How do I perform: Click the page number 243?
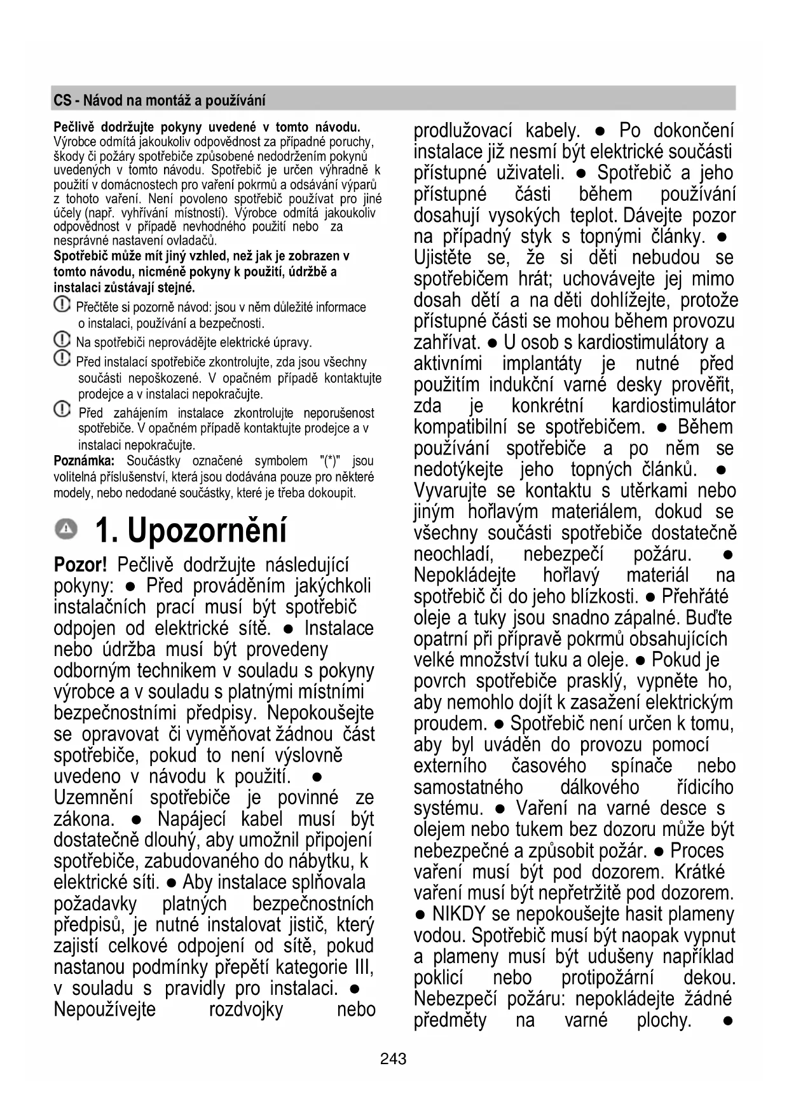click(393, 1059)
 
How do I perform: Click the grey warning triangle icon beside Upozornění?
click(65, 528)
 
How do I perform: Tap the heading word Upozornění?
click(207, 530)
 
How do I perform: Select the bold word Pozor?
click(80, 564)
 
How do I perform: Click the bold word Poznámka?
click(84, 461)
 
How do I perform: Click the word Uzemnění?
click(93, 797)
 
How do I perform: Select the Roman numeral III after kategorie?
click(362, 967)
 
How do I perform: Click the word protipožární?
click(607, 978)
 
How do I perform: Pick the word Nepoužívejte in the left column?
click(104, 1009)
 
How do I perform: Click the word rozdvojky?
click(246, 1009)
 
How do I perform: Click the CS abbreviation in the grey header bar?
click(62, 100)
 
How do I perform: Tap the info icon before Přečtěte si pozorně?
click(62, 305)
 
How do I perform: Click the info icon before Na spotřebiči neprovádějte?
click(62, 340)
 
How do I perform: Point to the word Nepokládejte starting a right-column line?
click(464, 575)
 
